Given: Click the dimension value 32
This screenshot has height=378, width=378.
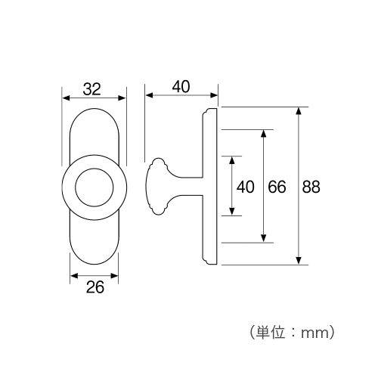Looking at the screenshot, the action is (92, 89).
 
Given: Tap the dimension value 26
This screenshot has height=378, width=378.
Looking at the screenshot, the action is (95, 287).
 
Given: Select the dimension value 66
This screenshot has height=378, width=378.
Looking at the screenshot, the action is (277, 187).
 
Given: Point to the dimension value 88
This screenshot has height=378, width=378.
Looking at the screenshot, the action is (311, 187).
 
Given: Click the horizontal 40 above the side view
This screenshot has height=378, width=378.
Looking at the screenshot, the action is (181, 87).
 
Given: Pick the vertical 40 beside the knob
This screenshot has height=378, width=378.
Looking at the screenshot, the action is (245, 187).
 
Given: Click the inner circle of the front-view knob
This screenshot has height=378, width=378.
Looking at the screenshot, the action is (94, 187).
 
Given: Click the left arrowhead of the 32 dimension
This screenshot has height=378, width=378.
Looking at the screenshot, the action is (66, 98).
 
